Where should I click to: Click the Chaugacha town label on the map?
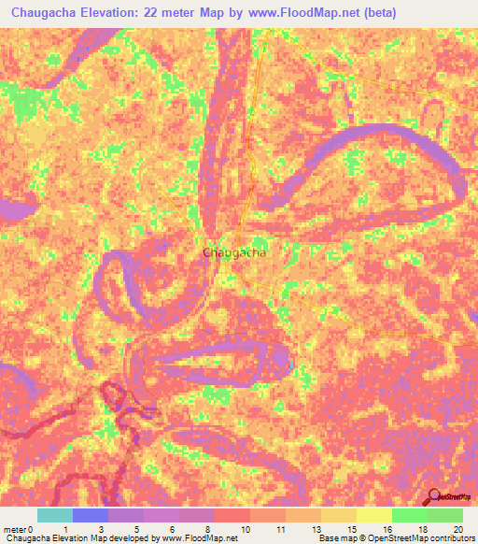[234, 252]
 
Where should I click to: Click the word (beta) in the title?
[379, 13]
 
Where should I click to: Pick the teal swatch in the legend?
[55, 515]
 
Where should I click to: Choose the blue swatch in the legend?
[91, 515]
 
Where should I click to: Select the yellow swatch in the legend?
[373, 515]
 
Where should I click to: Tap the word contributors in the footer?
[450, 538]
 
